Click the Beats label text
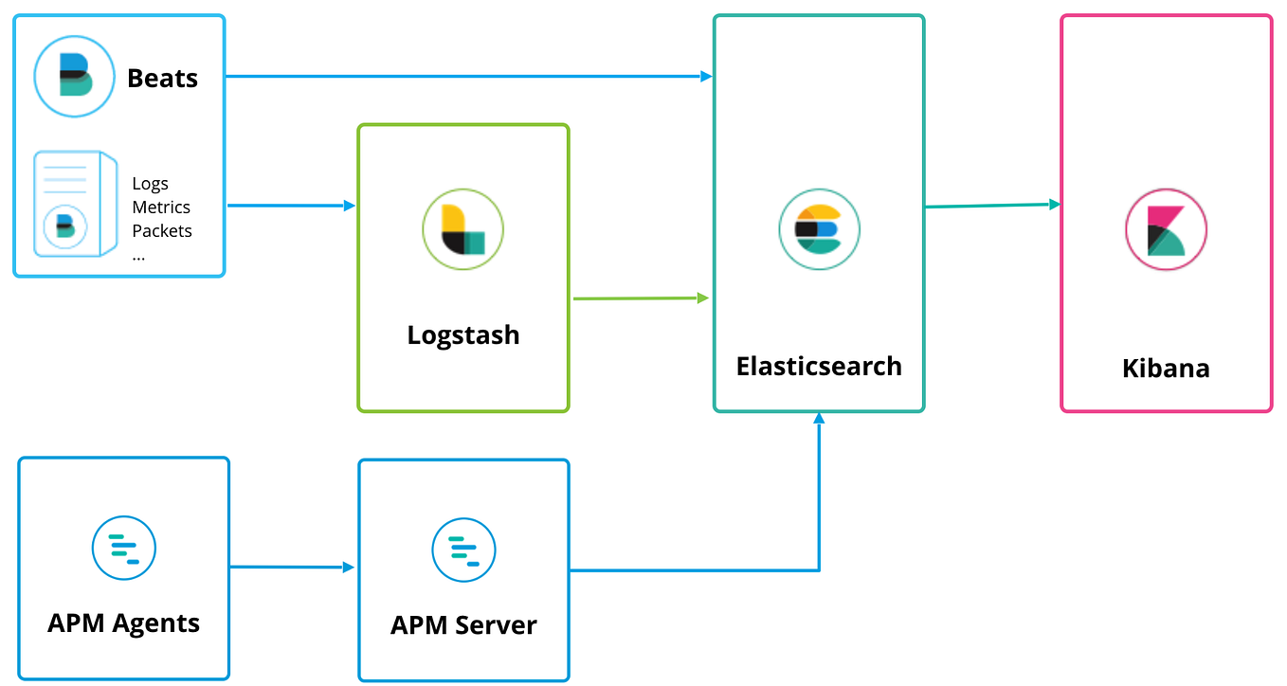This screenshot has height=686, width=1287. coord(162,78)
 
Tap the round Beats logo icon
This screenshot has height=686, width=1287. coord(75,76)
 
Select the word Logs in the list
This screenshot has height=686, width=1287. coord(150,184)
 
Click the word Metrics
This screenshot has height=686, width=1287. coord(161,208)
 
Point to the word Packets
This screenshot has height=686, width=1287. coord(162,231)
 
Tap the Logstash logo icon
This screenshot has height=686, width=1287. coord(462,229)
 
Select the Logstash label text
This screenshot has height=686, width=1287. coord(462,335)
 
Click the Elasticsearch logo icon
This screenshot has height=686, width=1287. coord(819,229)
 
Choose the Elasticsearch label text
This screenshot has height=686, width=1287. coord(819,367)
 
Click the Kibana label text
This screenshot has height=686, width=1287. coord(1166,369)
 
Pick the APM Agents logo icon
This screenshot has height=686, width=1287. coord(124,549)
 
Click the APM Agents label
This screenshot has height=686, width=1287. coord(124,623)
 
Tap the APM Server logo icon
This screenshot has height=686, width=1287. coord(463,550)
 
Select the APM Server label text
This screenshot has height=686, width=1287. coord(463,625)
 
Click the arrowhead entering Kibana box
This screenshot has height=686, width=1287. coord(1054,204)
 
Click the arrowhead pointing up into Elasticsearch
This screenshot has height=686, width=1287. coord(819,419)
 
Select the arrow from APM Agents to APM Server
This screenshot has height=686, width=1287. coord(289,568)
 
